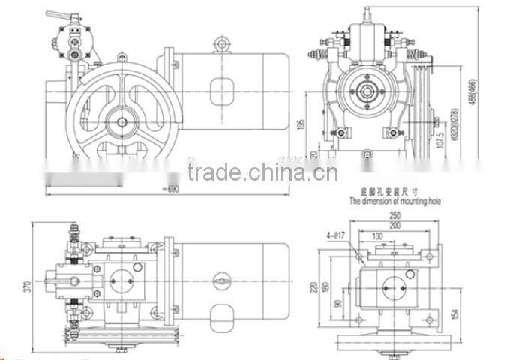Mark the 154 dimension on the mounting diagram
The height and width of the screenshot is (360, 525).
[454, 310]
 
